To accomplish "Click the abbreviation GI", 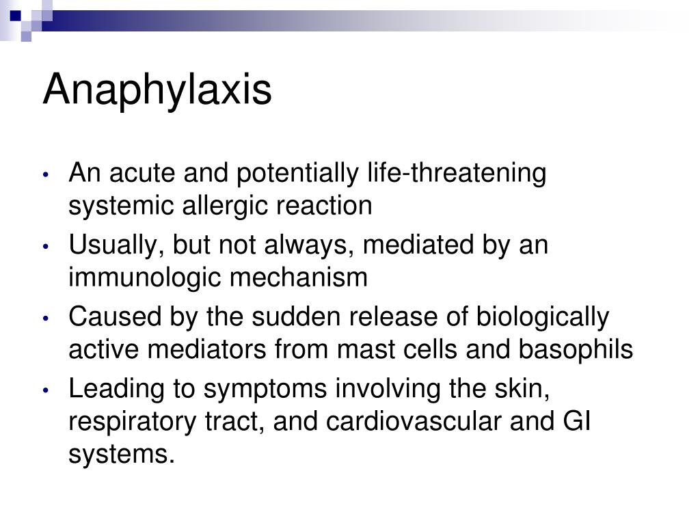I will (576, 422).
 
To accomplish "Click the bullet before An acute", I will (45, 174).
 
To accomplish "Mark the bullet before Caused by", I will (45, 319).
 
